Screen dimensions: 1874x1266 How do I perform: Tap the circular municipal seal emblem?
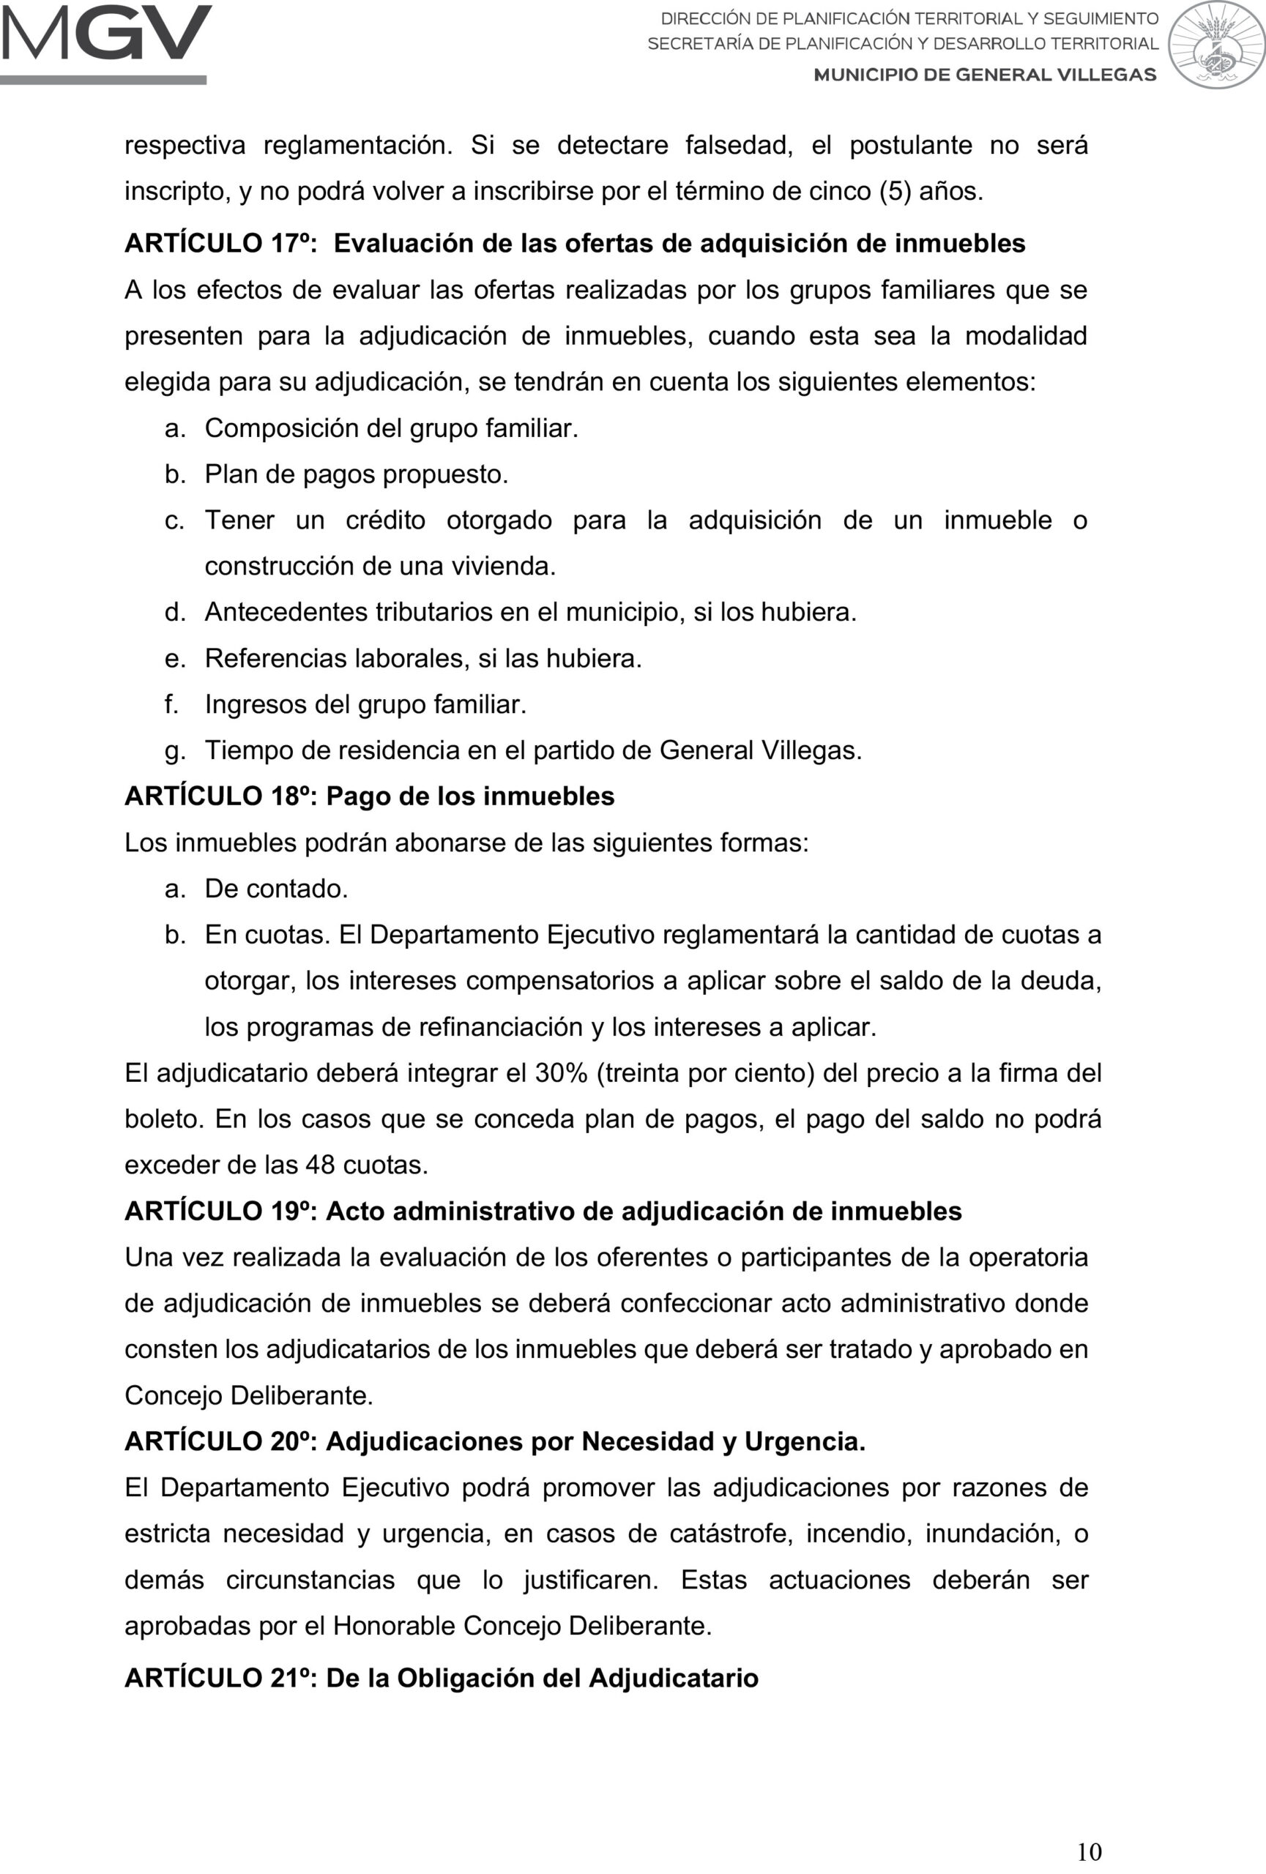[1215, 45]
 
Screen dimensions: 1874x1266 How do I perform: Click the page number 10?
[1089, 1851]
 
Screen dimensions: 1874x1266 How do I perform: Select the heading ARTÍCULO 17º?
[220, 244]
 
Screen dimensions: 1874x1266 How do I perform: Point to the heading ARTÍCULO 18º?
[220, 796]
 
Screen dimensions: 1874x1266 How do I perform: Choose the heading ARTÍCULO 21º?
[220, 1677]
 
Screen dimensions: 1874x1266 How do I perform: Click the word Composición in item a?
[280, 428]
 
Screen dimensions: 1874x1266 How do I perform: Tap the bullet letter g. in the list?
[174, 752]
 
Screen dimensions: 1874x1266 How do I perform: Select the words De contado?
[276, 889]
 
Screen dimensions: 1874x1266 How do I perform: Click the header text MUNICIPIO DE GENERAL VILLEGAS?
[985, 75]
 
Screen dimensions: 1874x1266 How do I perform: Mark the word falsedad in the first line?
[739, 145]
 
